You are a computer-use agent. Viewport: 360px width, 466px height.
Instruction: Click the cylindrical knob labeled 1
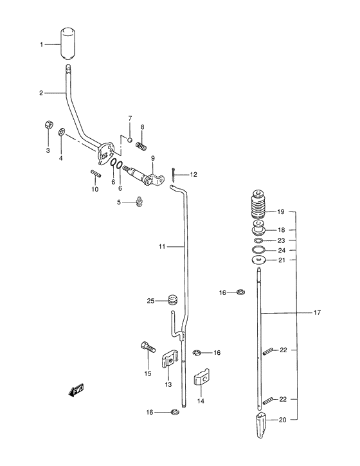68,44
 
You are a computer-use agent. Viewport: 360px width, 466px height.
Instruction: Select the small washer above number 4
62,131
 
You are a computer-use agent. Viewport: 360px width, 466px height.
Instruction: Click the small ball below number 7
130,139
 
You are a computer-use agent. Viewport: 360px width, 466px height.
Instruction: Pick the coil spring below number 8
141,146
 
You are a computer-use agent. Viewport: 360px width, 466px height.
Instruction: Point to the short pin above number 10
96,173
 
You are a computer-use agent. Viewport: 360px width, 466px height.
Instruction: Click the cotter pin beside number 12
174,174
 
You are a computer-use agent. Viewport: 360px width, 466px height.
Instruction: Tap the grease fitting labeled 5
139,201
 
